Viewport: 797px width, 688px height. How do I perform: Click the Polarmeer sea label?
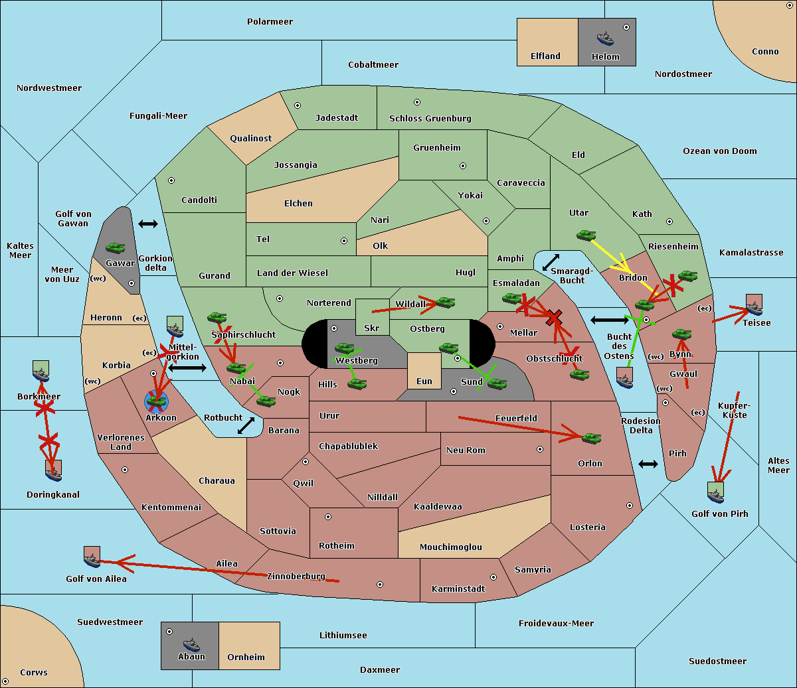tap(270, 22)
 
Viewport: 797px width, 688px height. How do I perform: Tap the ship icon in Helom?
tap(605, 38)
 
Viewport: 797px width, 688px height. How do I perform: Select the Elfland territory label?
tap(545, 56)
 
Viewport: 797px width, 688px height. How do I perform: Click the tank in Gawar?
tap(116, 247)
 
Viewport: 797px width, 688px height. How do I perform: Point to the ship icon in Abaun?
tap(191, 644)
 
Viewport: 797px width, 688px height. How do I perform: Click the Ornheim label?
tap(246, 657)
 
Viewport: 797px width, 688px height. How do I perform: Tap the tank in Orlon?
tap(590, 438)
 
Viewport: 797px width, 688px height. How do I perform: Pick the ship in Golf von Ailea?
tap(92, 557)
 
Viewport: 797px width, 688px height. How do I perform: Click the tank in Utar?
tap(586, 235)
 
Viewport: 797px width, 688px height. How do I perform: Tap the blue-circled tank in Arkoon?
tap(157, 400)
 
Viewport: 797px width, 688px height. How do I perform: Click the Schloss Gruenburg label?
tap(430, 119)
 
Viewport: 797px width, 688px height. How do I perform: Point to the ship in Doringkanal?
tap(54, 470)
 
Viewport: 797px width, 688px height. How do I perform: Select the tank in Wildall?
tap(445, 303)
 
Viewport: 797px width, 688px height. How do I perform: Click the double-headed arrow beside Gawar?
tap(147, 224)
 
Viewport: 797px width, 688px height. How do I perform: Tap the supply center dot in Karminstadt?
tap(493, 577)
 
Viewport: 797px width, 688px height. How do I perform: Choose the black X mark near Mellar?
tap(553, 318)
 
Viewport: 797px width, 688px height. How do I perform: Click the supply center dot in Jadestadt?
tap(298, 105)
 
